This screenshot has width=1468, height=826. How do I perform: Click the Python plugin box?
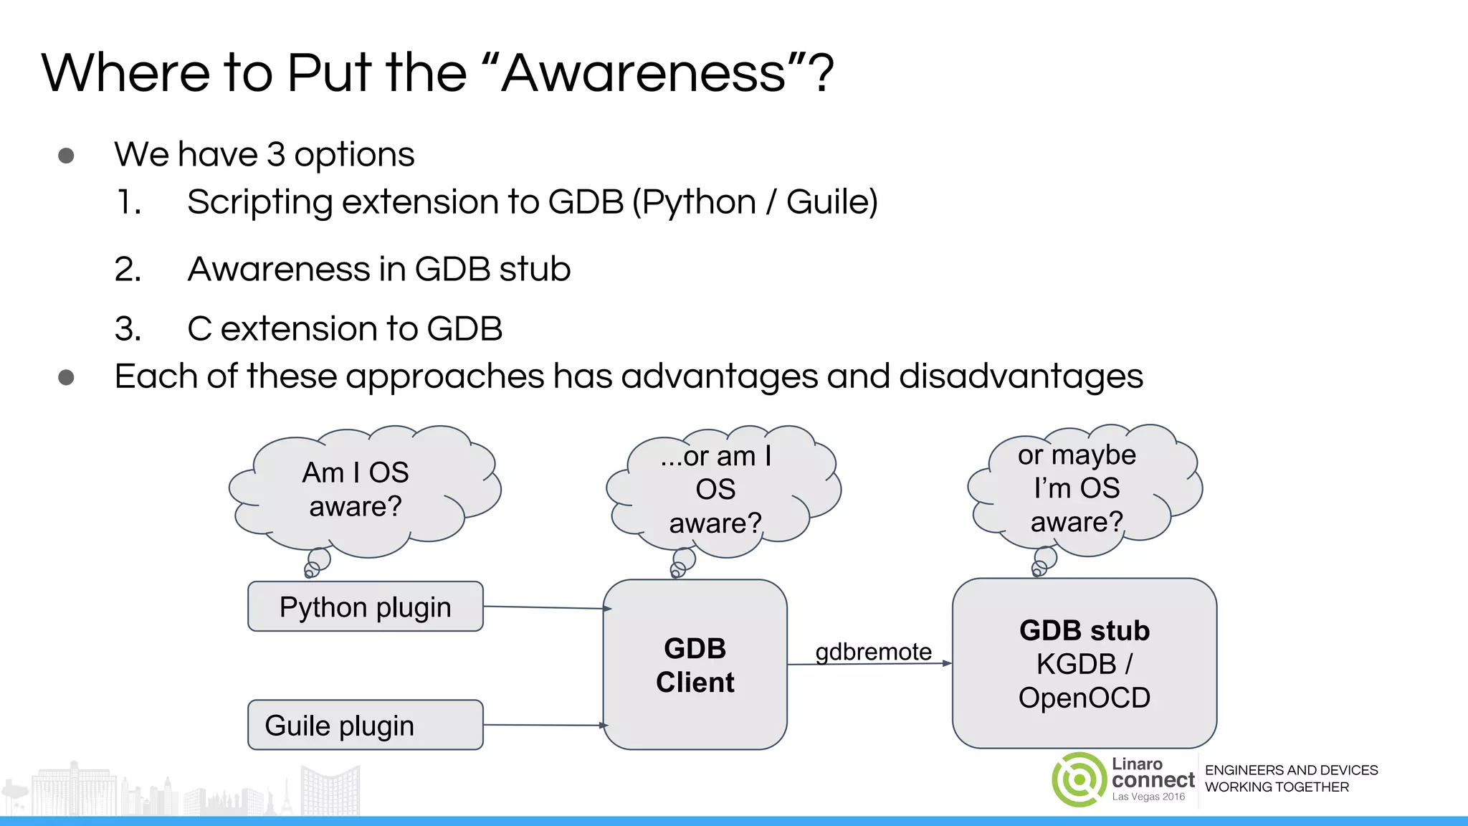tap(365, 607)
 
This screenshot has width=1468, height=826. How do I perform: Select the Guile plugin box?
tap(365, 725)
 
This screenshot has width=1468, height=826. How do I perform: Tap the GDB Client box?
tap(695, 665)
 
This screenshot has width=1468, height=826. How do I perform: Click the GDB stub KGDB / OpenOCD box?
tap(1084, 663)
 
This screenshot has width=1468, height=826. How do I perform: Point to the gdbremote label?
tap(873, 652)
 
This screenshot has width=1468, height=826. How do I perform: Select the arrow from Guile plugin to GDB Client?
tap(545, 725)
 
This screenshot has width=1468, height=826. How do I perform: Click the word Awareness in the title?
tap(643, 73)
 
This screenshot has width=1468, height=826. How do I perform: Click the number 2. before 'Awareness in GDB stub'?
tap(128, 270)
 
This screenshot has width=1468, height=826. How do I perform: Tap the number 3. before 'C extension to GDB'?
tap(128, 329)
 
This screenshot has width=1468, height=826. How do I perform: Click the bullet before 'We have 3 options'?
tap(66, 156)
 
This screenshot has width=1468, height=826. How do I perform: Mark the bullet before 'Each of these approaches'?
tap(66, 377)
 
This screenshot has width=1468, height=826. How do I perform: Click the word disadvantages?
tap(1021, 376)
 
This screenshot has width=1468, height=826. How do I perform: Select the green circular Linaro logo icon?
tap(1079, 779)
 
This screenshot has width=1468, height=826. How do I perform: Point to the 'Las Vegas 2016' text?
tap(1148, 797)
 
